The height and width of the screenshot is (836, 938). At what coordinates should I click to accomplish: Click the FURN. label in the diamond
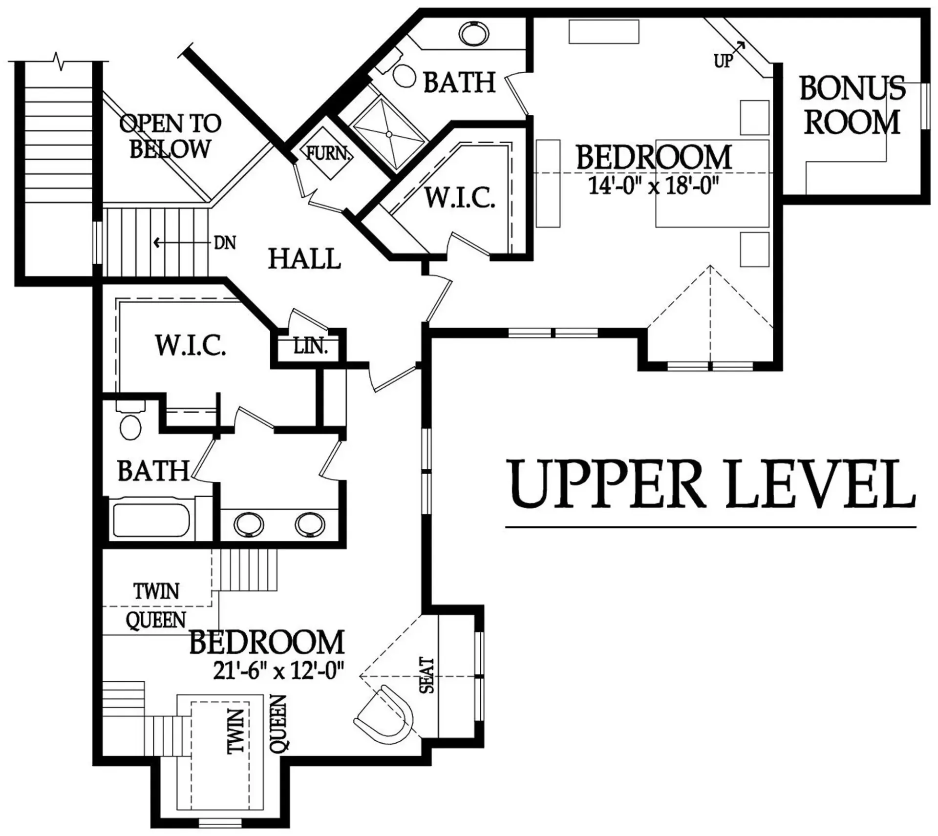pyautogui.click(x=328, y=153)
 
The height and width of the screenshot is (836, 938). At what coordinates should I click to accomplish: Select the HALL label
pyautogui.click(x=304, y=259)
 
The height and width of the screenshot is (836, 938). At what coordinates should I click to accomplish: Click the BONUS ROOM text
pyautogui.click(x=852, y=105)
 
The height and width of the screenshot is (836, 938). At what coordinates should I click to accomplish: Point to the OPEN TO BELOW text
pyautogui.click(x=170, y=136)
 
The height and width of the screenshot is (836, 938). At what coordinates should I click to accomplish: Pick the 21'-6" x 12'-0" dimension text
pyautogui.click(x=279, y=669)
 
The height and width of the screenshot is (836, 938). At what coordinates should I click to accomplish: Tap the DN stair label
pyautogui.click(x=225, y=243)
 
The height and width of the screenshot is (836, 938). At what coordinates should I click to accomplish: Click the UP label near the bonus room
pyautogui.click(x=723, y=61)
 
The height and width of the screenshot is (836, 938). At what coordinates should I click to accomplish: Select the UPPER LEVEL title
pyautogui.click(x=711, y=483)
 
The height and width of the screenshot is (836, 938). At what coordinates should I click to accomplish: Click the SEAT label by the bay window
pyautogui.click(x=427, y=675)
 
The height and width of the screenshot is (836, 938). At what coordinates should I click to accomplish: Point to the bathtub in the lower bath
pyautogui.click(x=151, y=520)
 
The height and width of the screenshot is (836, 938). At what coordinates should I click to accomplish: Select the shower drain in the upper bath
pyautogui.click(x=389, y=134)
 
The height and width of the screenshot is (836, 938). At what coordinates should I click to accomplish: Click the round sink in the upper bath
pyautogui.click(x=473, y=34)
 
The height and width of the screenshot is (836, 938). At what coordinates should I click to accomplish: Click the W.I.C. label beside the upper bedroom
pyautogui.click(x=460, y=198)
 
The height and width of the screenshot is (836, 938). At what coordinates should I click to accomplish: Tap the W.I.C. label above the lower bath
pyautogui.click(x=191, y=345)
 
